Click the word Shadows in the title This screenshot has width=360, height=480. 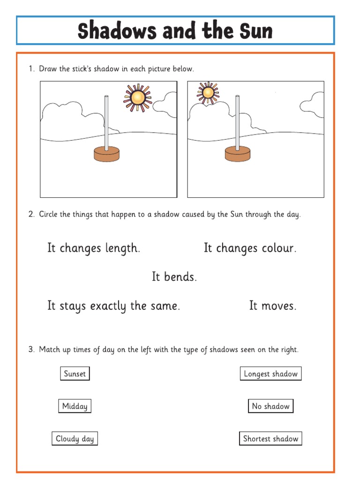click(x=117, y=31)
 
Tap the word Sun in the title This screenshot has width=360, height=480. click(x=254, y=31)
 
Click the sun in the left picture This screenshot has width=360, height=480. click(x=137, y=97)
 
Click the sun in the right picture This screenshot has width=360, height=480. click(x=208, y=92)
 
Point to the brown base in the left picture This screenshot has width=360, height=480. click(x=107, y=154)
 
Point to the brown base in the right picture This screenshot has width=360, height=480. click(x=238, y=153)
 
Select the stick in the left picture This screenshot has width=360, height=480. click(x=107, y=122)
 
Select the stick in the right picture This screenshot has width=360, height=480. click(x=238, y=122)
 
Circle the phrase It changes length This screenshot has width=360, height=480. click(x=94, y=248)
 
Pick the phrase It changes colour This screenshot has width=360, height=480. click(x=250, y=248)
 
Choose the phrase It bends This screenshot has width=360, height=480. click(x=174, y=277)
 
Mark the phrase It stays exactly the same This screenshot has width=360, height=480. click(x=113, y=306)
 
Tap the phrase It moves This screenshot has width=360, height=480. click(x=273, y=306)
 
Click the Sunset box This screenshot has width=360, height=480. click(x=75, y=374)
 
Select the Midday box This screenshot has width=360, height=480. click(x=75, y=406)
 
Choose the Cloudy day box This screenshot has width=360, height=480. click(x=75, y=439)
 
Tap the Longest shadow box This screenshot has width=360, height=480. click(x=270, y=374)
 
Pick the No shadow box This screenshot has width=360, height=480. click(x=270, y=406)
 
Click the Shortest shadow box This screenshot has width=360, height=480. click(x=270, y=439)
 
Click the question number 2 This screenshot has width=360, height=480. click(x=31, y=215)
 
